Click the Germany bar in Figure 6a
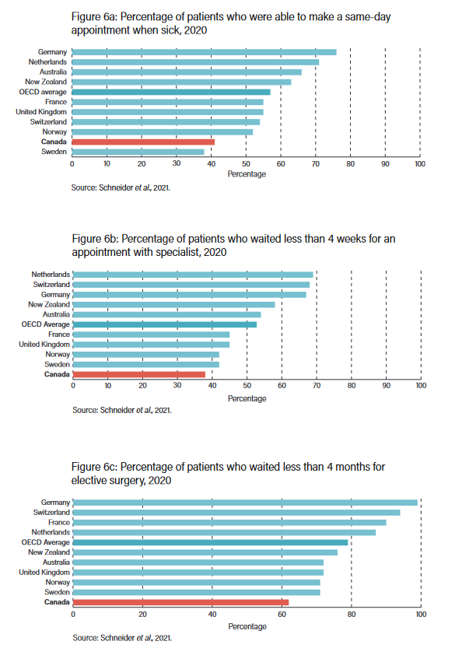[204, 52]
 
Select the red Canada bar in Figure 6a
[143, 142]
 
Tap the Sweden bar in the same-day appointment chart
[138, 152]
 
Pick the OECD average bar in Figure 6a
[171, 92]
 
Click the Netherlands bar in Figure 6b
[192, 275]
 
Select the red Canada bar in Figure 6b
[138, 374]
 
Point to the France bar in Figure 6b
[150, 335]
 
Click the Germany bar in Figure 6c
[245, 503]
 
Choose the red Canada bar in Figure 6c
[180, 602]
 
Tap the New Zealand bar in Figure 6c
[205, 552]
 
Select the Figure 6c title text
[227, 473]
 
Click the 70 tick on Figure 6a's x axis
[316, 164]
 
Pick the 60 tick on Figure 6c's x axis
[282, 615]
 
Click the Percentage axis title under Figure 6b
[247, 398]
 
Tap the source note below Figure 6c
[122, 637]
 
